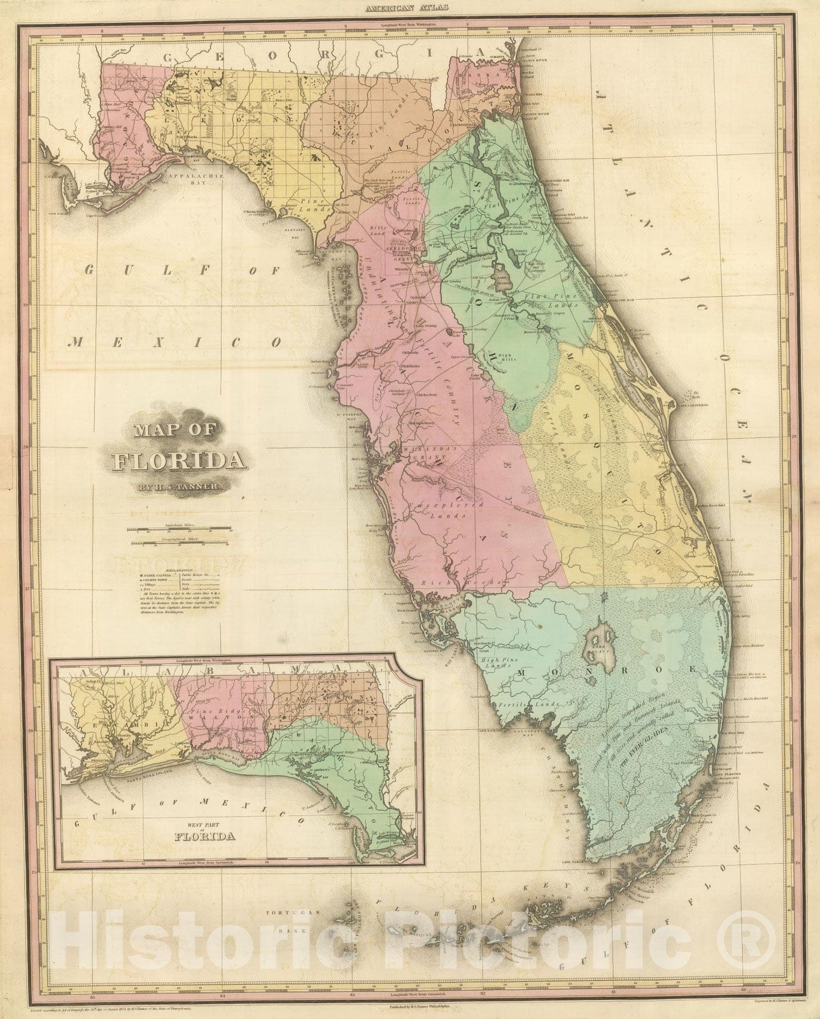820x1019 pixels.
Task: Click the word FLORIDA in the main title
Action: (x=172, y=460)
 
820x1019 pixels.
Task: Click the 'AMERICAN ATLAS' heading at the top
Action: (x=409, y=8)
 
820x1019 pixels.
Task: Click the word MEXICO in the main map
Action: (x=176, y=342)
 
